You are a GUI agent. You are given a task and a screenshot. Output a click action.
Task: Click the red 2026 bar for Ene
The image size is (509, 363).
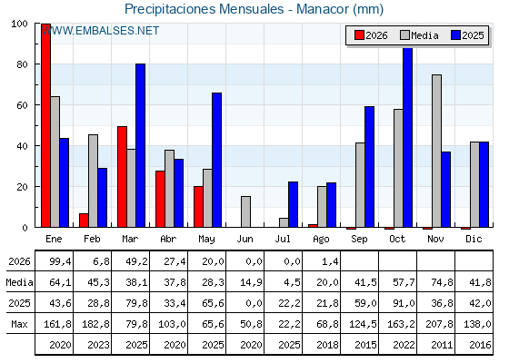click(x=45, y=125)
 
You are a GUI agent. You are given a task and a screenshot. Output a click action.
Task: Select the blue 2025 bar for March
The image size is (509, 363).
click(x=141, y=145)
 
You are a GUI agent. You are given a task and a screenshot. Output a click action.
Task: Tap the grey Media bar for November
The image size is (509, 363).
click(x=436, y=151)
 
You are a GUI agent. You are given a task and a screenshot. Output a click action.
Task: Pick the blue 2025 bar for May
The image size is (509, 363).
click(x=217, y=160)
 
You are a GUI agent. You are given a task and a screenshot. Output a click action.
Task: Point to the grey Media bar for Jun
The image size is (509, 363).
click(x=245, y=211)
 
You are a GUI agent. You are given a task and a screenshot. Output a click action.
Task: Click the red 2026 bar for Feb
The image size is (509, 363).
click(x=84, y=221)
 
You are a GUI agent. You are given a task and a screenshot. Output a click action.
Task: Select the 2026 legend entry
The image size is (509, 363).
click(x=371, y=35)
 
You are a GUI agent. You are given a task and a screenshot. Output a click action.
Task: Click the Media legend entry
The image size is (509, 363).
click(x=419, y=35)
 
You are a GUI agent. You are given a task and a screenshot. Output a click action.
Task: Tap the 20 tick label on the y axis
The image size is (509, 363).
click(x=23, y=187)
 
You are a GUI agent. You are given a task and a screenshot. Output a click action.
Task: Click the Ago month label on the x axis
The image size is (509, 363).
click(x=321, y=240)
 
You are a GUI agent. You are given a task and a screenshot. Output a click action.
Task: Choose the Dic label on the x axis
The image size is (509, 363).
click(x=474, y=239)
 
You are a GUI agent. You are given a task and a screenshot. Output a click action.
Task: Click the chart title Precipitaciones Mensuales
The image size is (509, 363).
click(x=205, y=9)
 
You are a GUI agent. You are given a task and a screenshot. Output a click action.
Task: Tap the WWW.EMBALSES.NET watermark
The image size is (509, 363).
click(x=100, y=31)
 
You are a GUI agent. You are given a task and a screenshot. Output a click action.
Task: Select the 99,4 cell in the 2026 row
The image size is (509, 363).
click(x=60, y=261)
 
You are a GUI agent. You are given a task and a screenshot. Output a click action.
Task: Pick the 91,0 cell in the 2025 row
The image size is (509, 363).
click(x=404, y=303)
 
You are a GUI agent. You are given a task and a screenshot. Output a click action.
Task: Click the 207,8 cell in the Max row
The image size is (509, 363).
click(x=440, y=324)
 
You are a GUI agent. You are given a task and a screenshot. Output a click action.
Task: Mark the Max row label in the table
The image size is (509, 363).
click(x=19, y=324)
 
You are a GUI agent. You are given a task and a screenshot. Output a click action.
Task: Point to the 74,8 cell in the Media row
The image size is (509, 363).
click(x=442, y=282)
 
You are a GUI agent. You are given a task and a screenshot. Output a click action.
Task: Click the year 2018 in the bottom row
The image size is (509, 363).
click(x=327, y=345)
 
